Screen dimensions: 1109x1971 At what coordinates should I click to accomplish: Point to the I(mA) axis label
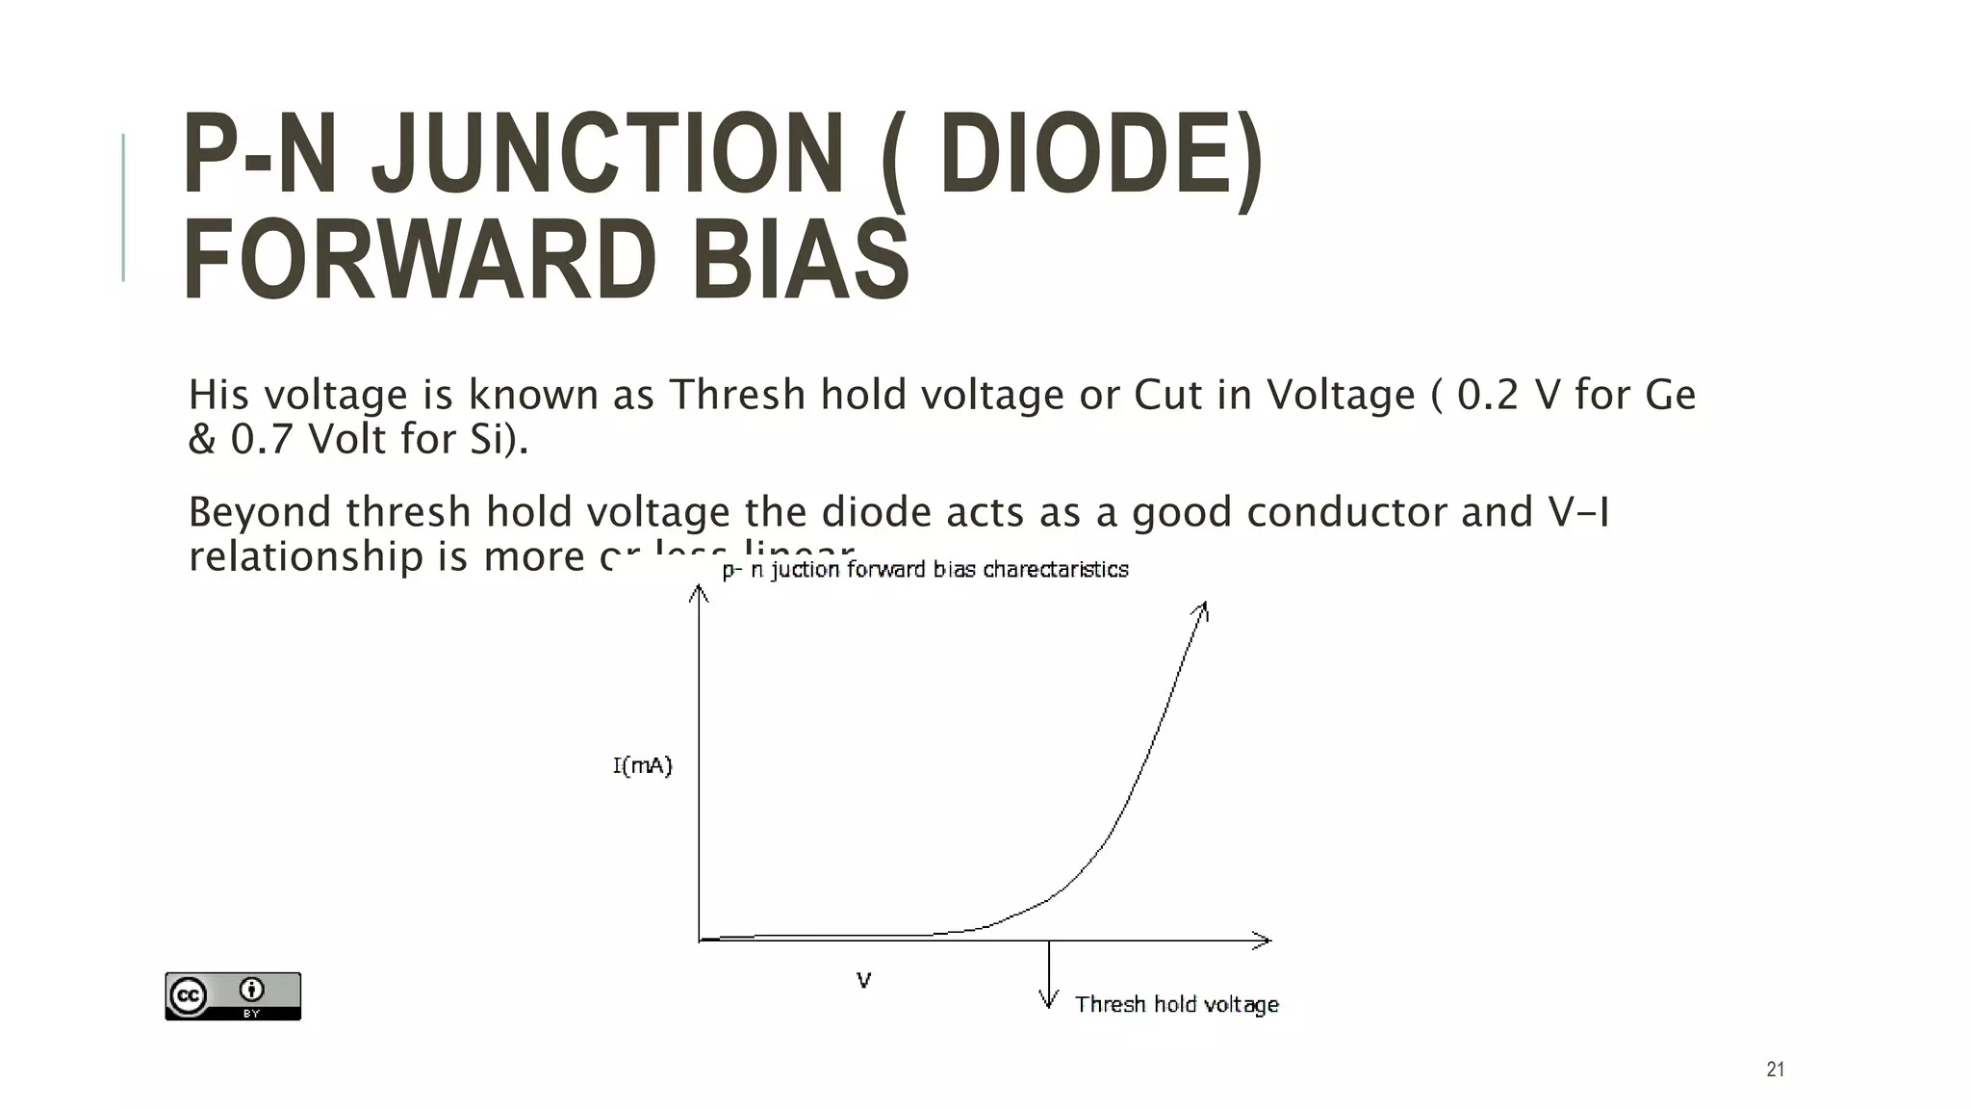click(642, 766)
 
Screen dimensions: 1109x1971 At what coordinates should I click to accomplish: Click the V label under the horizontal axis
click(863, 980)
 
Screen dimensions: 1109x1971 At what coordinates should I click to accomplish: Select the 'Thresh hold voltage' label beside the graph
click(1176, 1004)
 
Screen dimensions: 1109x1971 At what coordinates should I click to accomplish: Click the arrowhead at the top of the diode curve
click(1202, 609)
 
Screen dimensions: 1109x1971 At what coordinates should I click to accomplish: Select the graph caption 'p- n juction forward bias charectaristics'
click(925, 570)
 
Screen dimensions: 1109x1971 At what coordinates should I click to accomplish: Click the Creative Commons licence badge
click(233, 995)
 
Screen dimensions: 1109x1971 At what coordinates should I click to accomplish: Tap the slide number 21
click(1776, 1070)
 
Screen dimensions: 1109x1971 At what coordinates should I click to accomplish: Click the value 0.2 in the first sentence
click(1489, 395)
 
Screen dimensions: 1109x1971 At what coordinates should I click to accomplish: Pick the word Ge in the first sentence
click(1670, 395)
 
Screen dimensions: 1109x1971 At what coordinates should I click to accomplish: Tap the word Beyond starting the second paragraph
click(259, 512)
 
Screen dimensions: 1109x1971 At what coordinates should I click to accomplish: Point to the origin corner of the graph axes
click(700, 940)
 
